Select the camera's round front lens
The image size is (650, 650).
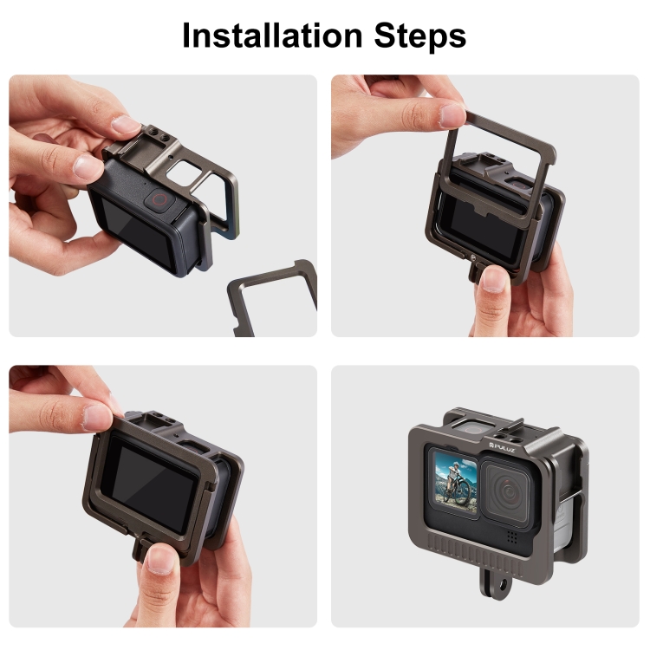pyautogui.click(x=509, y=489)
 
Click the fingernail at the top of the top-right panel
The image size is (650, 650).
pyautogui.click(x=452, y=115)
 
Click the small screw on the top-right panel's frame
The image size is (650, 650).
pyautogui.click(x=471, y=259)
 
